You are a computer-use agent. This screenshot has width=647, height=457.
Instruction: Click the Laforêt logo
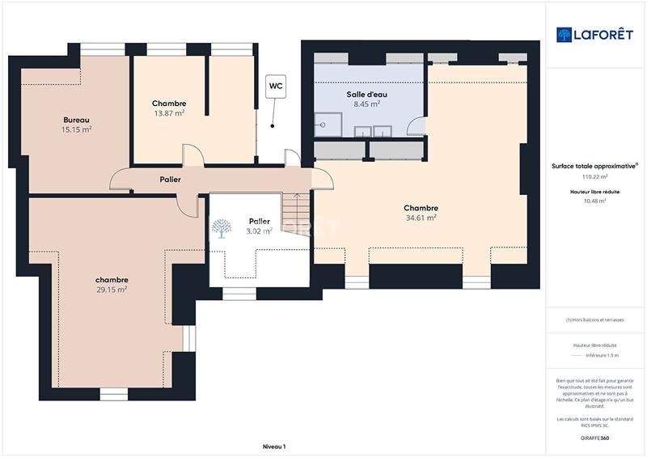[594, 34]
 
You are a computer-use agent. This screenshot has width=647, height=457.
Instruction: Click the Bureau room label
[77, 119]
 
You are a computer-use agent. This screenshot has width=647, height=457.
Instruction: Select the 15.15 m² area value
[77, 129]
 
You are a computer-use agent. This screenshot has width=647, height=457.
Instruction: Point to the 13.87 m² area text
[169, 113]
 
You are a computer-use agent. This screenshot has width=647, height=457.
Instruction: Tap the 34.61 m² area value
[421, 218]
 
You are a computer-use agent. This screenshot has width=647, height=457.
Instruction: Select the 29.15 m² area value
[112, 289]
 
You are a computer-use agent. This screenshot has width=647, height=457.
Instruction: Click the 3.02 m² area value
[259, 231]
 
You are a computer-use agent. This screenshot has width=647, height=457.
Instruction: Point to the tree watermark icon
[221, 230]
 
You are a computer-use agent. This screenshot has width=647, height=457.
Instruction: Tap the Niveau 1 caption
[274, 446]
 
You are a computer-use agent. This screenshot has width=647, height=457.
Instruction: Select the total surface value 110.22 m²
[594, 176]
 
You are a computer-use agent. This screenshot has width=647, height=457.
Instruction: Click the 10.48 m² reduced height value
[594, 201]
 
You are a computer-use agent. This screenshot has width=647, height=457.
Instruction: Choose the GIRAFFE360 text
[594, 438]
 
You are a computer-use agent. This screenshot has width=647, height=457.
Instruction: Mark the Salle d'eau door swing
[416, 126]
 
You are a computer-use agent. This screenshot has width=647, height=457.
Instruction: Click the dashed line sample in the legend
[594, 355]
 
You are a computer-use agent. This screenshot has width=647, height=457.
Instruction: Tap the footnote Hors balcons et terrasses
[594, 319]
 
